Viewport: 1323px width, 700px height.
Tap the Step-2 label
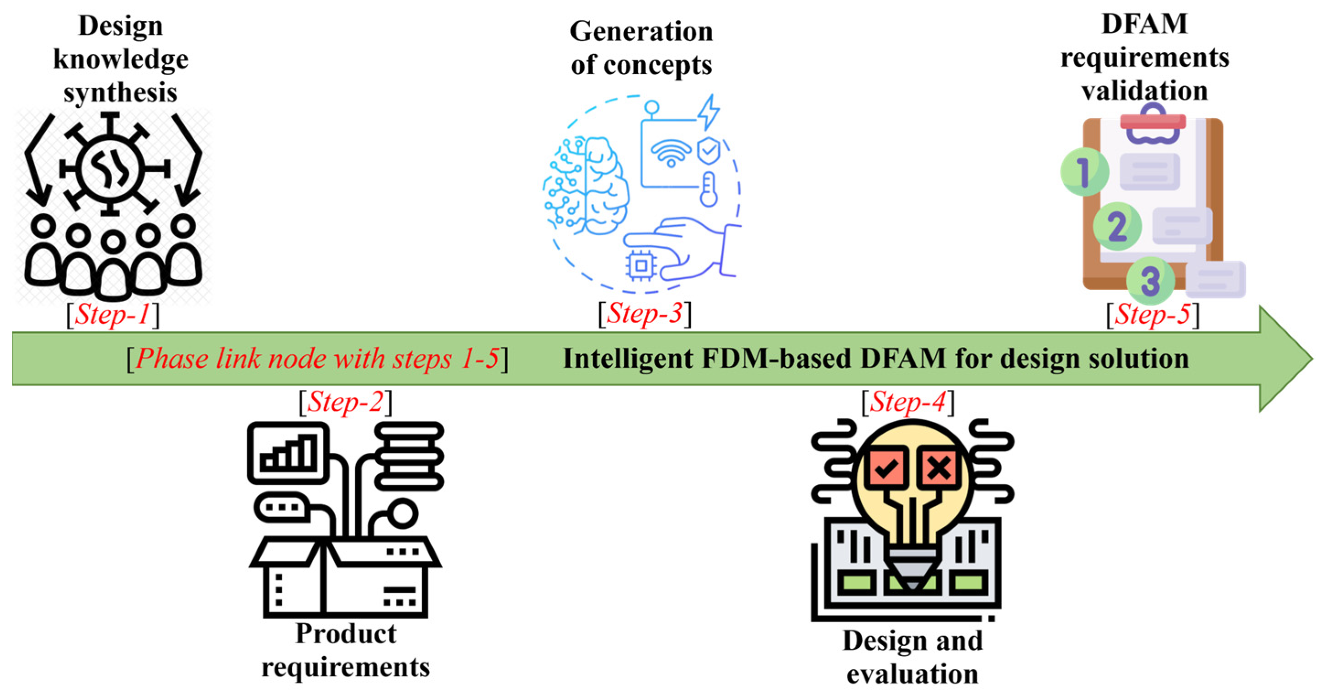[345, 402]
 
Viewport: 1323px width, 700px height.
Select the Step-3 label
[645, 313]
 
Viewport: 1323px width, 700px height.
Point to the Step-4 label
[907, 402]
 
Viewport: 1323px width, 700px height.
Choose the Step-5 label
[1152, 314]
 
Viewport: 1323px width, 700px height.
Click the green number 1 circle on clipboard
[1083, 172]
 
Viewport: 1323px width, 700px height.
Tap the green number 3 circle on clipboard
[1151, 281]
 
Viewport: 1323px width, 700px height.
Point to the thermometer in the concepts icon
[709, 190]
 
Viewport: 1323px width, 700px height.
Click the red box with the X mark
[939, 468]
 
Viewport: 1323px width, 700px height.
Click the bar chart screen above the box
[288, 453]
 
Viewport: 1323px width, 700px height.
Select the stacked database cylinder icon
[409, 456]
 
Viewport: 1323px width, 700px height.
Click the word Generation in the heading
[641, 32]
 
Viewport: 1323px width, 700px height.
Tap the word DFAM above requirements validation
[1144, 24]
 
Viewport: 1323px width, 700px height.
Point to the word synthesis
[120, 92]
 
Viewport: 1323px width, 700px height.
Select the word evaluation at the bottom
[912, 674]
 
